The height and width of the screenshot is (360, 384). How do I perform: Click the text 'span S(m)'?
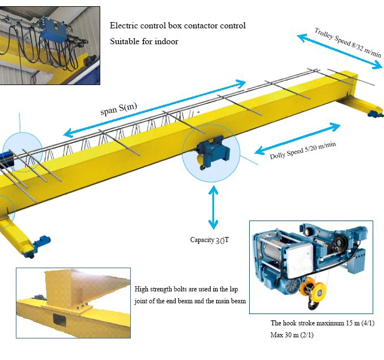(119, 107)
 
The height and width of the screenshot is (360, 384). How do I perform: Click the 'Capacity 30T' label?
(210, 240)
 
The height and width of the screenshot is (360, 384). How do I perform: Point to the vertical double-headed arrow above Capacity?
(214, 207)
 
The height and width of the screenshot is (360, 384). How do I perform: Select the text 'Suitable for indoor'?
(144, 41)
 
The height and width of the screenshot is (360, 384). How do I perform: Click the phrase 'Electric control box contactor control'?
(177, 26)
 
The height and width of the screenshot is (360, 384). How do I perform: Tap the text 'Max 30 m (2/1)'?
(292, 335)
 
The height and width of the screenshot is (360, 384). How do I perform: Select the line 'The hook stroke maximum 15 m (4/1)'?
(323, 323)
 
